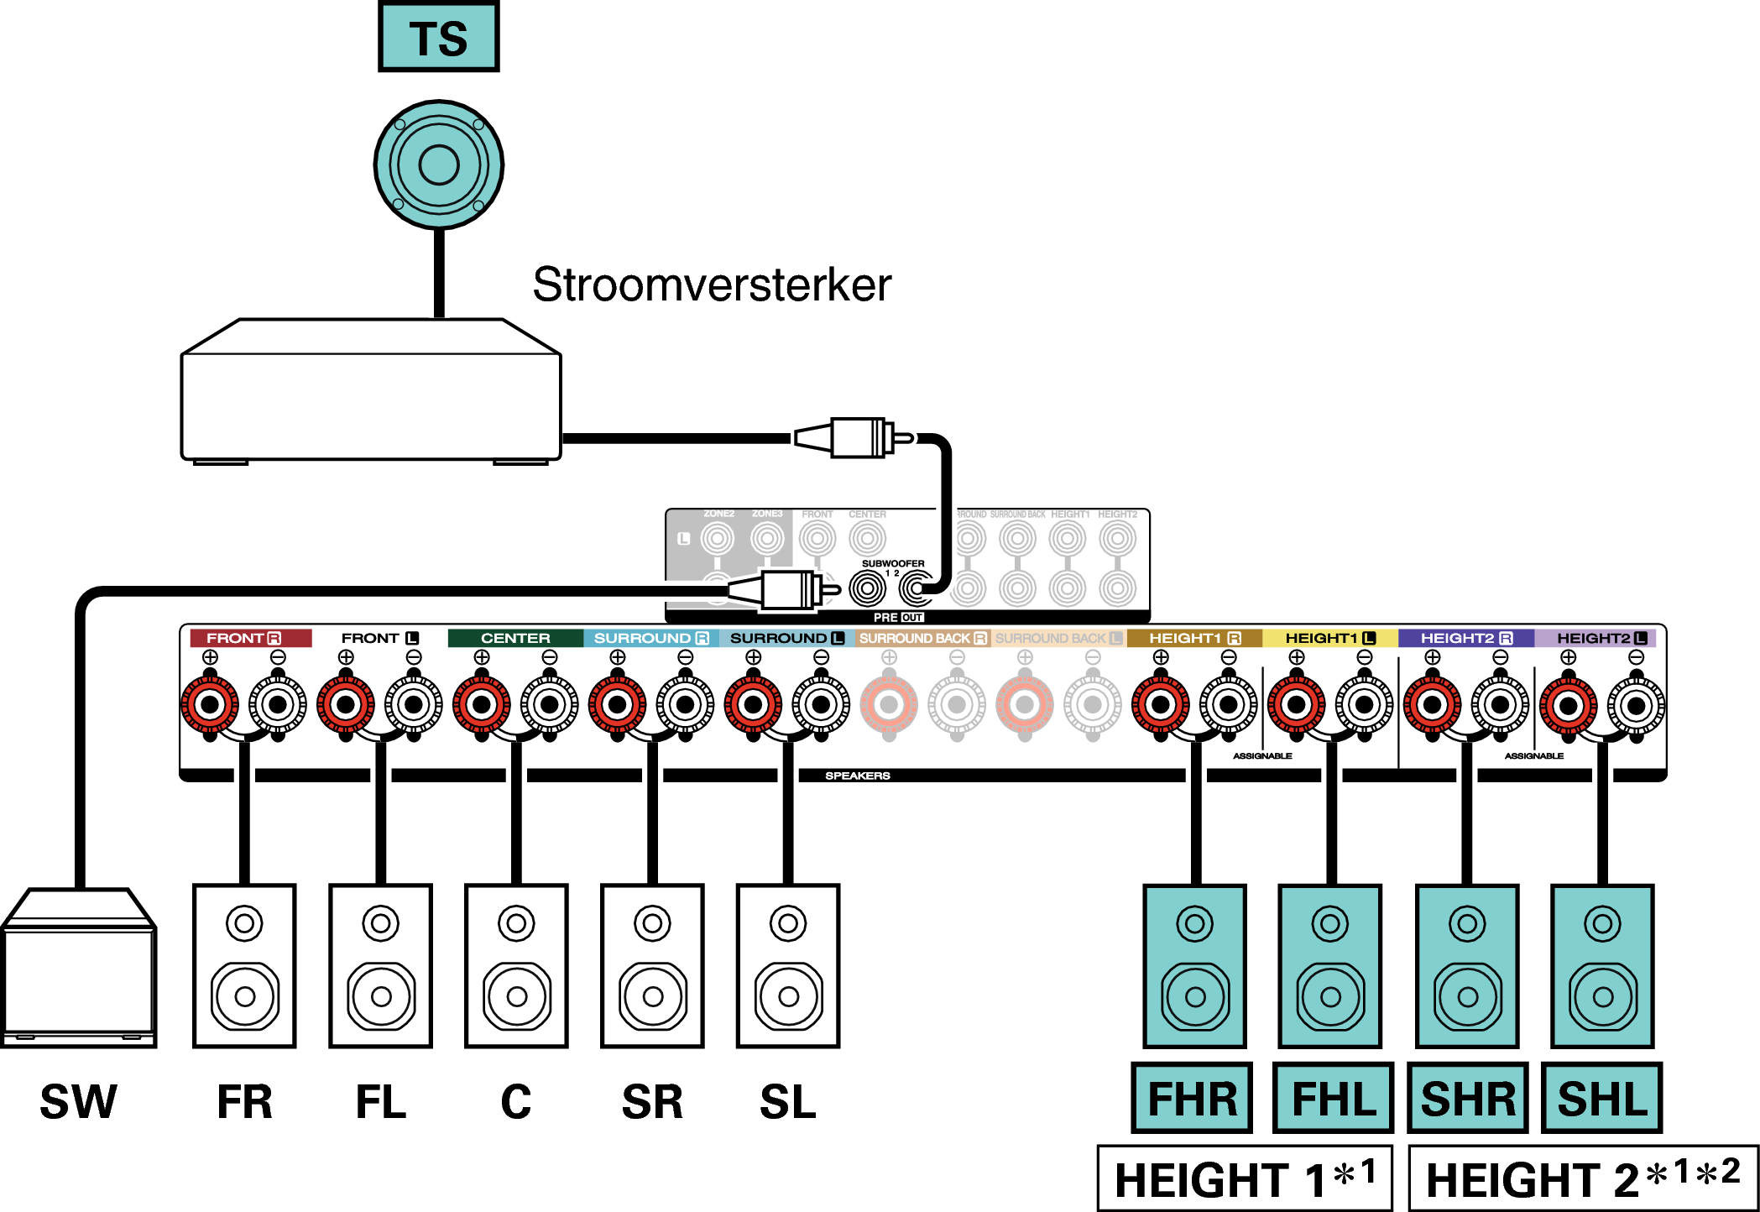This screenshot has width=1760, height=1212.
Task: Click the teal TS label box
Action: click(438, 38)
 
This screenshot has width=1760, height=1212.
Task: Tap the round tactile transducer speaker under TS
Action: click(438, 165)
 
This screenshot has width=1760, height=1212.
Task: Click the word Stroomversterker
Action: click(711, 285)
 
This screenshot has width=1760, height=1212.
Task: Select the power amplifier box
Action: click(371, 394)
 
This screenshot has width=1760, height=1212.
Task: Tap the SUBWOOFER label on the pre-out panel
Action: click(893, 563)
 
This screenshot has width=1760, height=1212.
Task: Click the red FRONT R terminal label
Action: click(250, 638)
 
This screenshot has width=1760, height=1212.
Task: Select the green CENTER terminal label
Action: click(515, 638)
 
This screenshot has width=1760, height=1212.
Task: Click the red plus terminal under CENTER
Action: click(482, 704)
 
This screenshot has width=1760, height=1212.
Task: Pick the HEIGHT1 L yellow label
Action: click(1329, 638)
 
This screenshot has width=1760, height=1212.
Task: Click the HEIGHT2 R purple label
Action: click(1465, 638)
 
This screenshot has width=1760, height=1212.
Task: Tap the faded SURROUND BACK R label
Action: click(922, 638)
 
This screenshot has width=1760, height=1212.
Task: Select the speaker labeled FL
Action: click(380, 965)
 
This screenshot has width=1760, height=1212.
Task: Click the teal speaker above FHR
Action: click(1194, 965)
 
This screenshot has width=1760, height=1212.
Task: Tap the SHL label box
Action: click(1601, 1098)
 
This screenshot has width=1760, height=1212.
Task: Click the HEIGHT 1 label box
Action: click(1245, 1178)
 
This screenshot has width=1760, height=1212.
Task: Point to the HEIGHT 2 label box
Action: click(1582, 1178)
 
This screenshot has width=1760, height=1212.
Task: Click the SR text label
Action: click(652, 1101)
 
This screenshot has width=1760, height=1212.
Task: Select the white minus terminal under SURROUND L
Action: click(821, 704)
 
